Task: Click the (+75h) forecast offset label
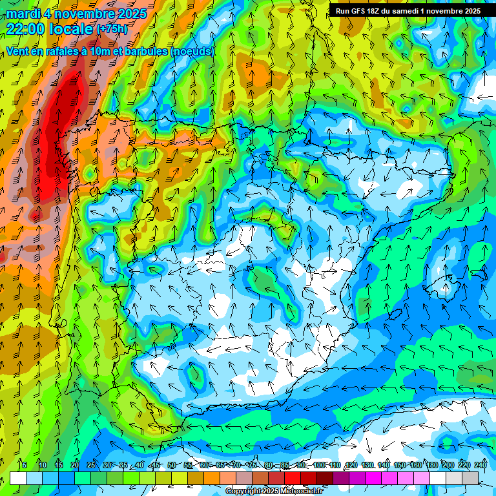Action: coord(112,29)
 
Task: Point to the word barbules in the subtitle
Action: coord(145,51)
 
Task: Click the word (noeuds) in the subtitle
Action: coord(192,51)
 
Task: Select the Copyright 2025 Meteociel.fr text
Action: coord(273,491)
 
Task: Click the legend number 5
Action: coord(25,466)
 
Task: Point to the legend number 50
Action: coord(171,466)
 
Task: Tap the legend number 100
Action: coord(319,466)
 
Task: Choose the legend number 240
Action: coord(480,466)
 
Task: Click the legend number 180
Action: coord(431,466)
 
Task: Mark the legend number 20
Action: coord(74,466)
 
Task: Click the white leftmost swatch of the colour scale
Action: coord(18,478)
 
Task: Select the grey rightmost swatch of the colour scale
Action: coord(470,478)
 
